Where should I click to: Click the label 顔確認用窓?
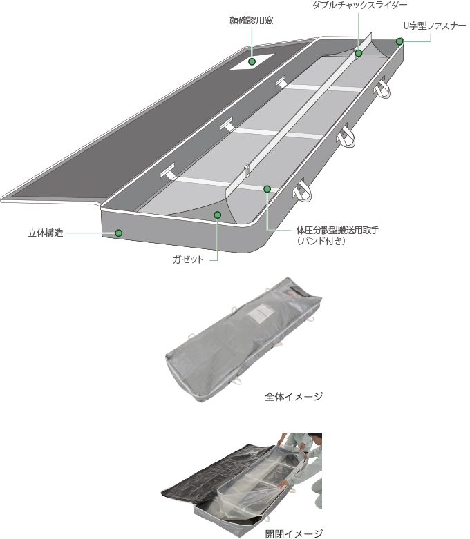[x=252, y=21]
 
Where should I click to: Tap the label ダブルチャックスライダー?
[x=360, y=5]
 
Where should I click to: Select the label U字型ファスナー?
[x=435, y=26]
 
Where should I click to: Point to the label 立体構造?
[x=46, y=233]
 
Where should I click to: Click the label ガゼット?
[x=188, y=259]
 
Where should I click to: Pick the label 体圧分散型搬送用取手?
[x=338, y=230]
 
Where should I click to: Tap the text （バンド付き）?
[x=321, y=241]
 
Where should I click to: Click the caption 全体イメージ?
[x=294, y=396]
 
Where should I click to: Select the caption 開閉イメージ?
[x=294, y=533]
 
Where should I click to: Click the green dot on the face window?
[x=252, y=61]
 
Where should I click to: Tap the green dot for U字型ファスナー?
[x=399, y=41]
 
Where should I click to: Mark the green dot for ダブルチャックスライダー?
[x=359, y=53]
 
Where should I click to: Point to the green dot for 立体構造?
[x=119, y=233]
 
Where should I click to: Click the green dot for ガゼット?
[x=217, y=215]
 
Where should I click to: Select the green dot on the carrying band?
[x=267, y=188]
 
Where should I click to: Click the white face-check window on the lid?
[x=252, y=61]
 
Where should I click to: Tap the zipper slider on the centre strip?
[x=247, y=170]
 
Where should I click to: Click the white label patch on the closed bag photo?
[x=261, y=314]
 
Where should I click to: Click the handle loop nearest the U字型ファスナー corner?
[x=382, y=88]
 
